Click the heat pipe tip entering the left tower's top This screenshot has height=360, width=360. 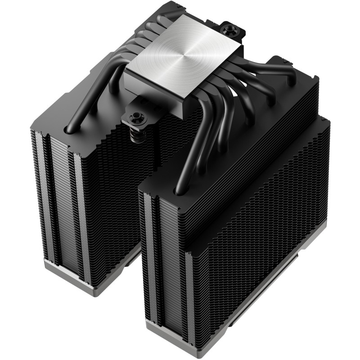71,129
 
